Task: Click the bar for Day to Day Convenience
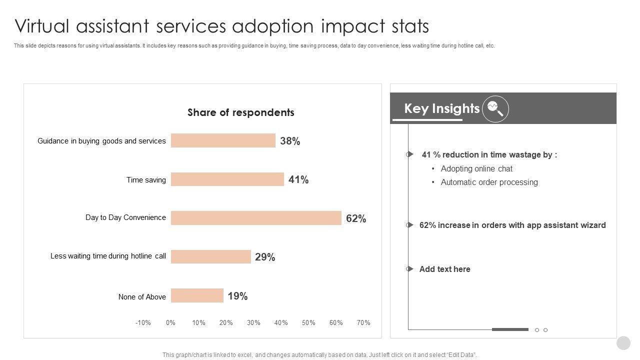(x=256, y=218)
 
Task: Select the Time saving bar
(x=227, y=179)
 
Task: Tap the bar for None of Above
(x=197, y=295)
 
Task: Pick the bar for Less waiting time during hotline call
(x=210, y=256)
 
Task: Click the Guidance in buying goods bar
(x=223, y=140)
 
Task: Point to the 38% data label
(x=290, y=141)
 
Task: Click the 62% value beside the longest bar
(x=356, y=218)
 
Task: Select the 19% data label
(x=237, y=296)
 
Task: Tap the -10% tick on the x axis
(x=143, y=322)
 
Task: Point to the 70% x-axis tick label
(x=363, y=322)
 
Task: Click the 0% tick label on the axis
(x=170, y=322)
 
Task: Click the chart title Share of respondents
(x=241, y=112)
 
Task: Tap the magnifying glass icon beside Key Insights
(x=495, y=108)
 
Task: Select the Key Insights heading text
(x=441, y=108)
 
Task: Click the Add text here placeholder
(x=444, y=269)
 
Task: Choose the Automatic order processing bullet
(x=489, y=182)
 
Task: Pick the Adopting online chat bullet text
(x=476, y=169)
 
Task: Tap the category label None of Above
(x=142, y=297)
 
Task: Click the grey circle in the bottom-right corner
(x=623, y=343)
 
